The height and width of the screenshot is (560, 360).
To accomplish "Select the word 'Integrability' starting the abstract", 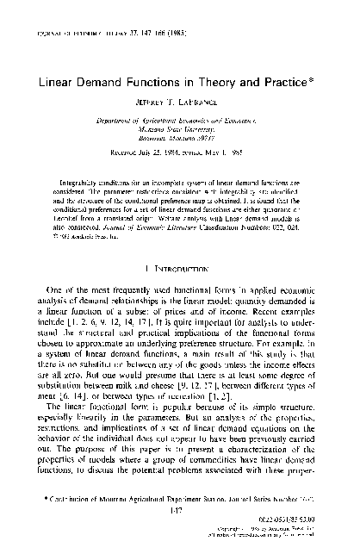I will coord(81,182).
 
